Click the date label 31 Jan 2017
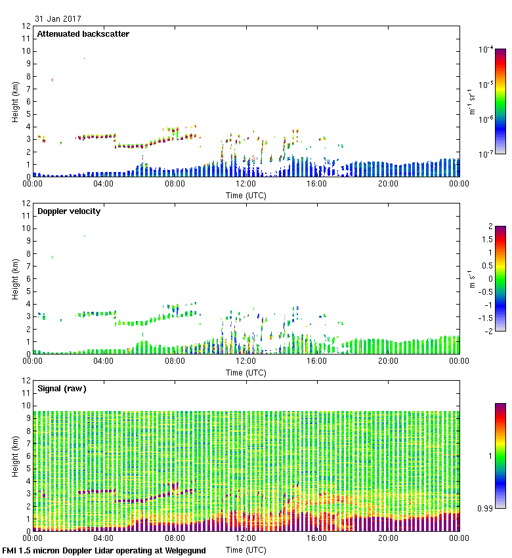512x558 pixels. (x=59, y=19)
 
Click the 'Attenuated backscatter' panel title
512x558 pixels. (x=83, y=34)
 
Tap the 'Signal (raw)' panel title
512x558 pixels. (x=62, y=389)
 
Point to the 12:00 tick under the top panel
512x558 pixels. (x=245, y=184)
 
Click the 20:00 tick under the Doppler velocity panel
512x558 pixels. (x=388, y=361)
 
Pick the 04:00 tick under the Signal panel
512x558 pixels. (x=104, y=538)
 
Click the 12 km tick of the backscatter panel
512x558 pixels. (x=26, y=26)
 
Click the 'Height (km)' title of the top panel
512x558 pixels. (x=15, y=102)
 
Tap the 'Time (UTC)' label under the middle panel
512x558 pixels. (x=245, y=372)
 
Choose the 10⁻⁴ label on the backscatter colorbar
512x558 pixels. (x=486, y=49)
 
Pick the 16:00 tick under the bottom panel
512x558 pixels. (x=317, y=538)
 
